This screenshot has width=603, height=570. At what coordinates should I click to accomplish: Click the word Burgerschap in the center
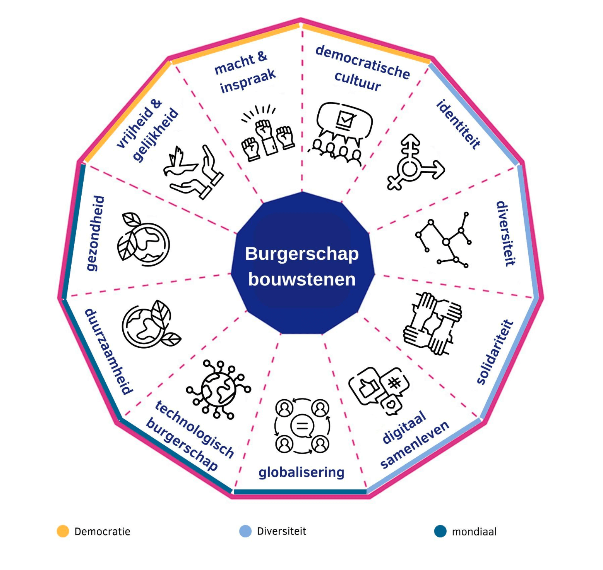click(302, 254)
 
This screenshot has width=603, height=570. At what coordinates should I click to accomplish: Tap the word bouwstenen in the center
click(302, 279)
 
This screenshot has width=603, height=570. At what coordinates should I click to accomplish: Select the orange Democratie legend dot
click(63, 531)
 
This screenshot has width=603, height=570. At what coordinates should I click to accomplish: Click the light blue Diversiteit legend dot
click(245, 531)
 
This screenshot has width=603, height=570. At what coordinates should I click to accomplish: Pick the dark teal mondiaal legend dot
click(440, 531)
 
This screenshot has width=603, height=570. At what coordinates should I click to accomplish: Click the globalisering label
click(301, 472)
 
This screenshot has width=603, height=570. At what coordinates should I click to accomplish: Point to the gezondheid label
click(95, 233)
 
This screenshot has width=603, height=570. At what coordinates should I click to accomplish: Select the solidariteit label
click(495, 352)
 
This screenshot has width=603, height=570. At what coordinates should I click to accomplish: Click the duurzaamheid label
click(109, 352)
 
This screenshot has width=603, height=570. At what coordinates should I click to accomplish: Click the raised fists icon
click(267, 134)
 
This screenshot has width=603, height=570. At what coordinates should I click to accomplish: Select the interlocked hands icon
click(433, 324)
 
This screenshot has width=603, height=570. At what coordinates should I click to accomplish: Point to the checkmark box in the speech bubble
click(345, 119)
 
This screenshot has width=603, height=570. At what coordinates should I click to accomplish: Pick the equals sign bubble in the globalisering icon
click(301, 426)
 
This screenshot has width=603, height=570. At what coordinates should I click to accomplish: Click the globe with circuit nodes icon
click(219, 389)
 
